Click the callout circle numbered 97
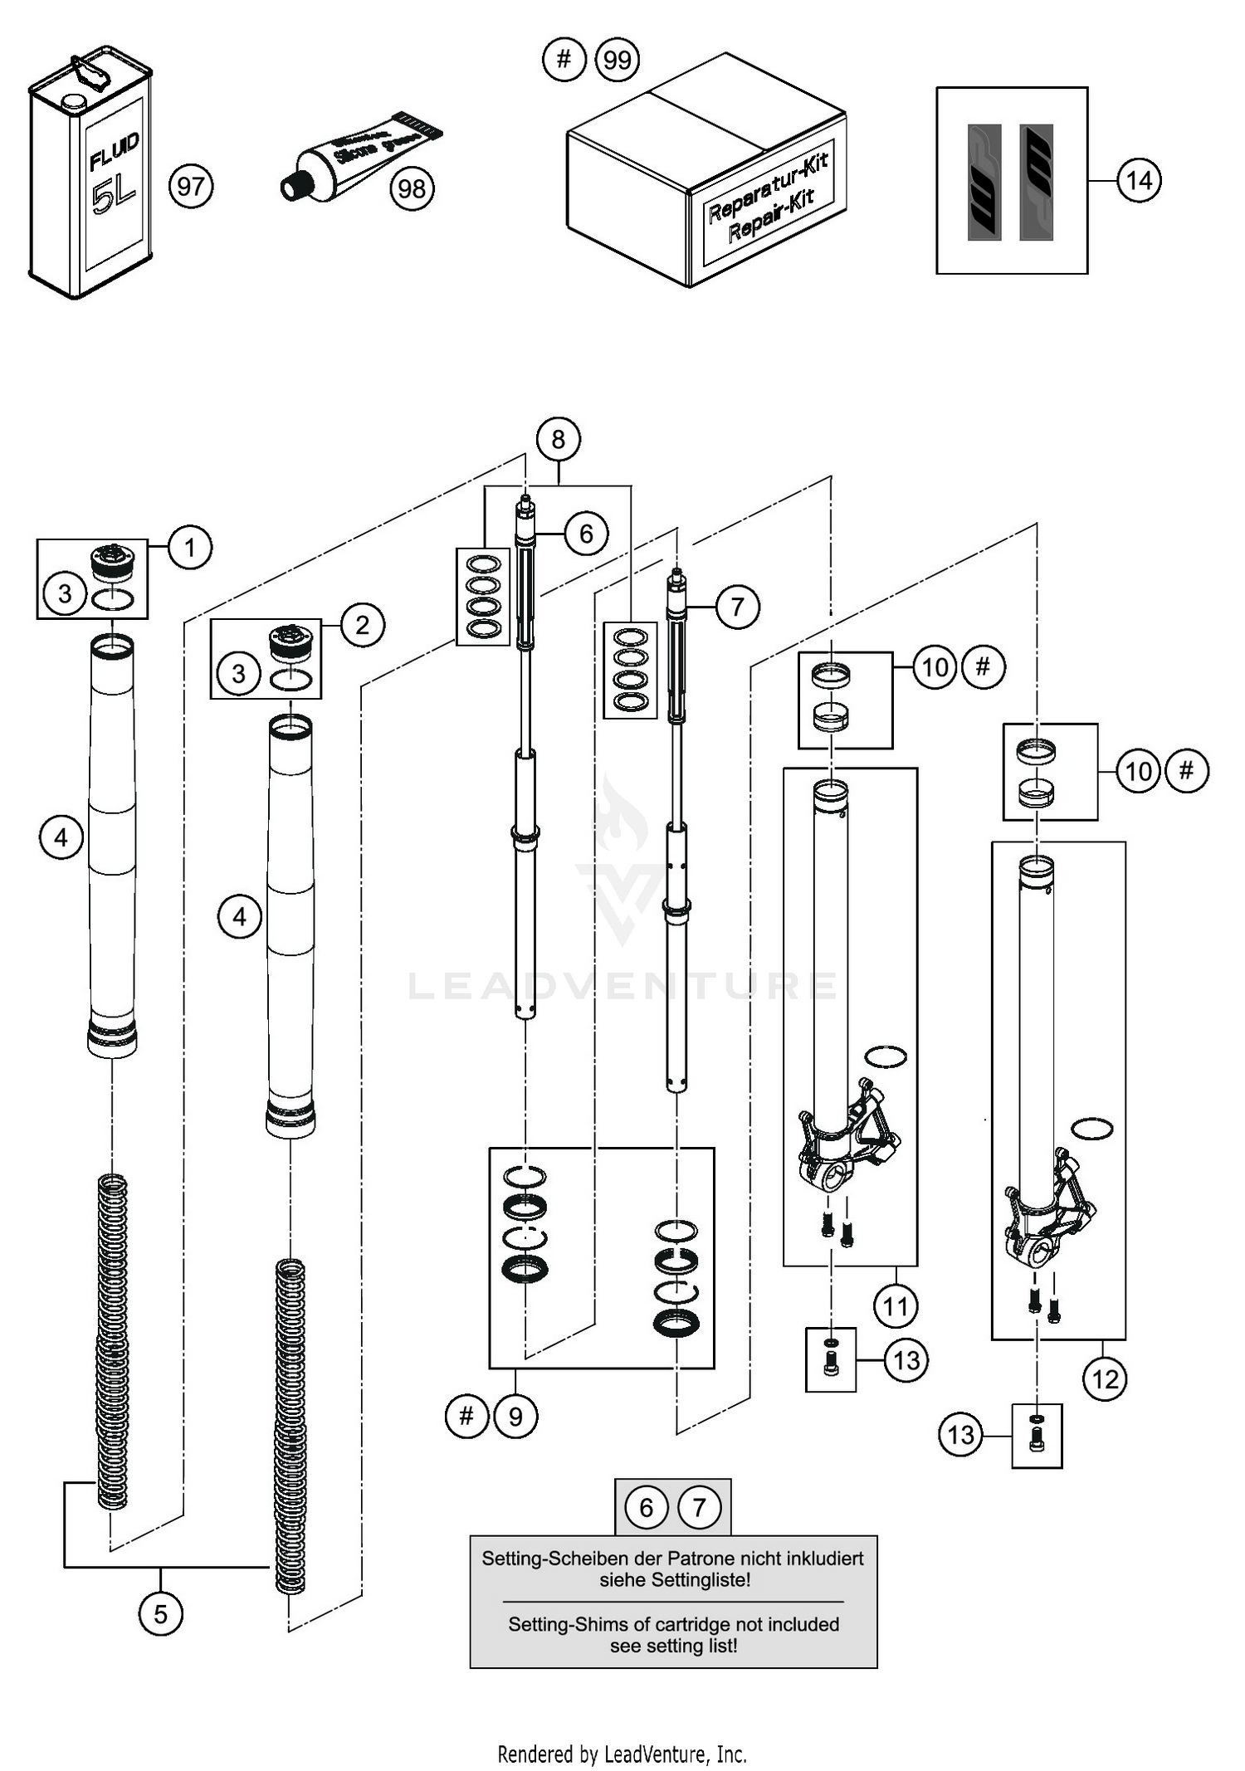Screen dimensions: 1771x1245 point(191,186)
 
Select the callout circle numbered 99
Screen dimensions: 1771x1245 point(618,61)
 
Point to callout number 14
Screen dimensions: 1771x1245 point(1139,180)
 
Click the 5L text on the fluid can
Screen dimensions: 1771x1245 point(114,197)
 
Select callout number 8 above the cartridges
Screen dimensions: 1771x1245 point(558,439)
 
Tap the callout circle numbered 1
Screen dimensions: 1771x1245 point(190,548)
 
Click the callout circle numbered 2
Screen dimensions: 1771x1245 point(363,625)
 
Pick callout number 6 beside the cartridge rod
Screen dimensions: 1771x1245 point(586,534)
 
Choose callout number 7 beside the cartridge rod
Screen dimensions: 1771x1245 point(738,607)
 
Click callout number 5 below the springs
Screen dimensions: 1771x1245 point(160,1613)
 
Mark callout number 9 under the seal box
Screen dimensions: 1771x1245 point(515,1416)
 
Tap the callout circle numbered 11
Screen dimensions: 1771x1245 point(896,1306)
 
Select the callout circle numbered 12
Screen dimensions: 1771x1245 point(1105,1379)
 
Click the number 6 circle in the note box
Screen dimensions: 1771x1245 point(647,1507)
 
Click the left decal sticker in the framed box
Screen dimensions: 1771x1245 point(985,183)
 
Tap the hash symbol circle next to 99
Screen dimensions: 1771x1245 point(564,60)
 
